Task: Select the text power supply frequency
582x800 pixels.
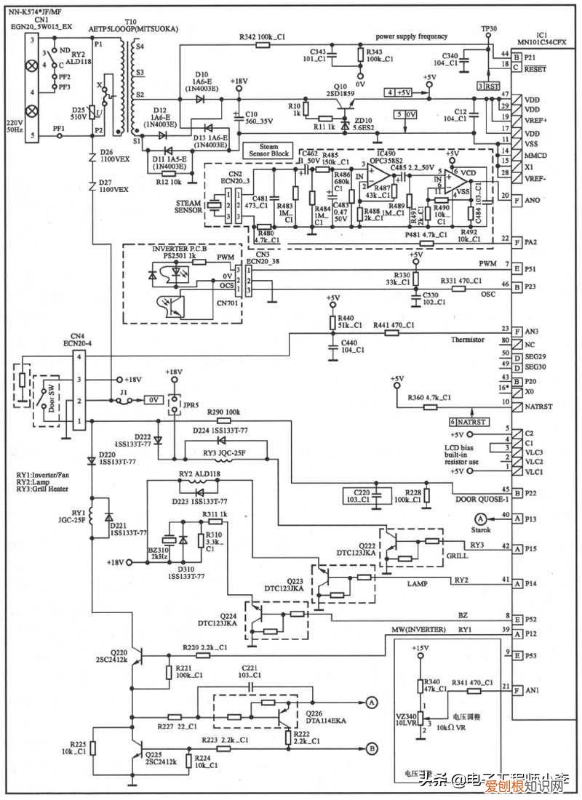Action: pyautogui.click(x=412, y=36)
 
